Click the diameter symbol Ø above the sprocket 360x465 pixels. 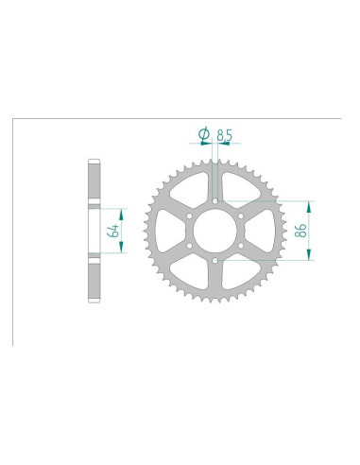pos(202,134)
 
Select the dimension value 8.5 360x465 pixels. pos(223,134)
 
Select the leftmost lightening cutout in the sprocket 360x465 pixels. pos(167,232)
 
